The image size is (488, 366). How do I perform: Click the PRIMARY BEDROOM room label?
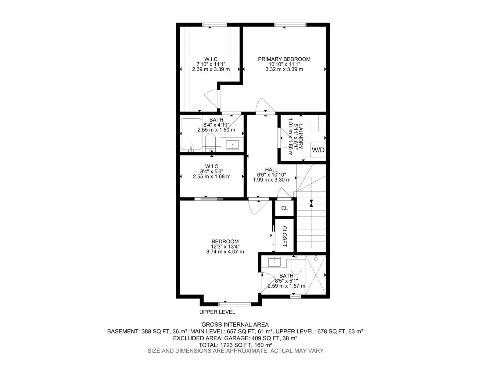(284, 59)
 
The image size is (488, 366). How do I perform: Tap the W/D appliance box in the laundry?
(318, 150)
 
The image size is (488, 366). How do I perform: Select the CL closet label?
(284, 208)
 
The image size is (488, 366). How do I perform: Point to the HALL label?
(271, 170)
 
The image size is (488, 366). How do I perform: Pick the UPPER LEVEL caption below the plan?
(217, 312)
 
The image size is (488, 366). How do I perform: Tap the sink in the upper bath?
(232, 145)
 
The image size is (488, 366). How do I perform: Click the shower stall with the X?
(316, 275)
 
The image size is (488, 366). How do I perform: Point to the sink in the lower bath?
(274, 262)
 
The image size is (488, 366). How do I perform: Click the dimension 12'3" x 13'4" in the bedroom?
(225, 246)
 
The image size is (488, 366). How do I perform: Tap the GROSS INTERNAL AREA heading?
(235, 325)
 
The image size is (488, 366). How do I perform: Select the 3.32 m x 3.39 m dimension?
(284, 69)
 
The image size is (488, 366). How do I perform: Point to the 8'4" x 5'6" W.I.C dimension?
(212, 171)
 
